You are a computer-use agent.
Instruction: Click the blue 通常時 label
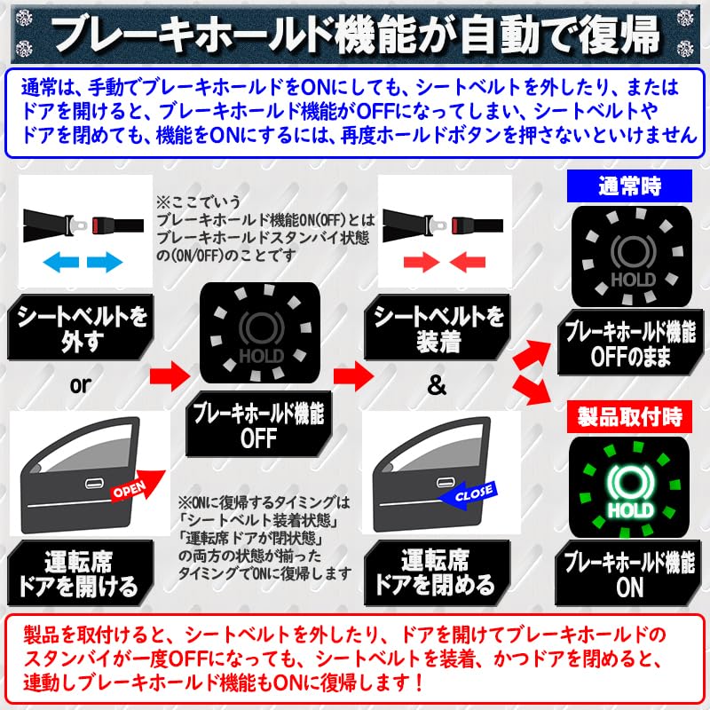coord(628,186)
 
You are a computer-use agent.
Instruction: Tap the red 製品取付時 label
coord(629,415)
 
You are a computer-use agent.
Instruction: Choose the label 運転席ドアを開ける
coord(80,573)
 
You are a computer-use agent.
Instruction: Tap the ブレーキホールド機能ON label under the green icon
coord(629,574)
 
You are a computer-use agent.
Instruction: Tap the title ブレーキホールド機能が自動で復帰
coord(355,34)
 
